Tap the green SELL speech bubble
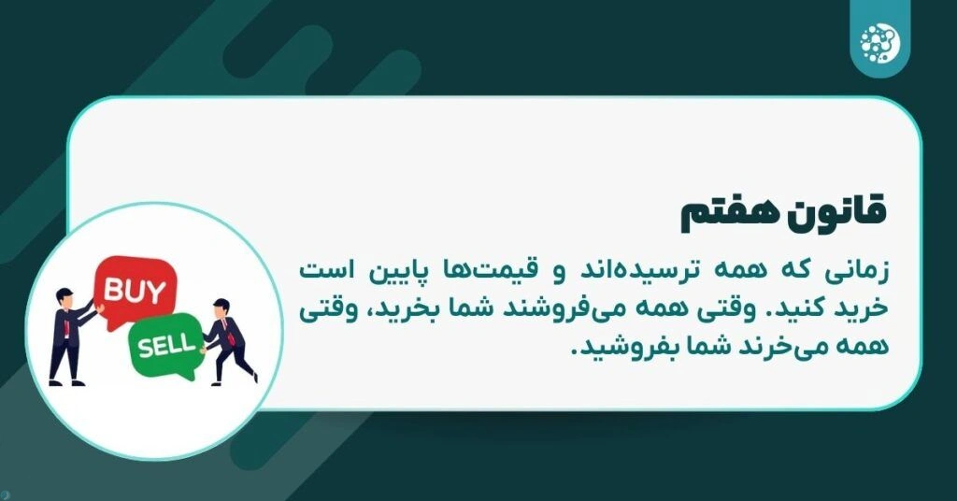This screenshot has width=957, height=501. (x=168, y=347)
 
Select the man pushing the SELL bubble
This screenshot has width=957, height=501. (x=227, y=341)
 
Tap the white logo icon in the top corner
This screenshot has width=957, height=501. (x=878, y=39)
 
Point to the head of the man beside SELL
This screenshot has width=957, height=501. (x=221, y=308)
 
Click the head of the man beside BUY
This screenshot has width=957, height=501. (x=65, y=296)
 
